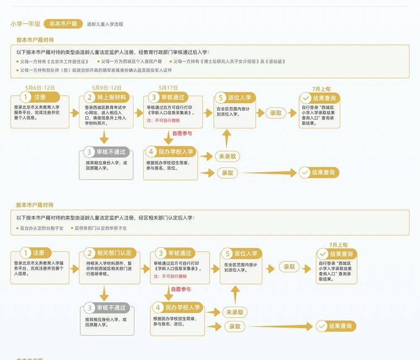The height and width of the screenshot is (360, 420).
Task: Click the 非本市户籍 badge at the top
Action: [63, 24]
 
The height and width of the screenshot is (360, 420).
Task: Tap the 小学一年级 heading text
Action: [26, 24]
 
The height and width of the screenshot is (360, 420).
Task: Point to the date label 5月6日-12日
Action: [40, 88]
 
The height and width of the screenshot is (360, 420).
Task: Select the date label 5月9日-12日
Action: [107, 88]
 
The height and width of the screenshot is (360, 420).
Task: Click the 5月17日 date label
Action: [168, 88]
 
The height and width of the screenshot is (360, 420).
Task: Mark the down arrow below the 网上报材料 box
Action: [105, 137]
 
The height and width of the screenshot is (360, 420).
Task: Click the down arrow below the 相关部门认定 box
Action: [105, 292]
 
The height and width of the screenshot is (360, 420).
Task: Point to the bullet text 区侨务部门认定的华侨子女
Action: [100, 228]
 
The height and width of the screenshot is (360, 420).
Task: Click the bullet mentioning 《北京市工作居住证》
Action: [55, 61]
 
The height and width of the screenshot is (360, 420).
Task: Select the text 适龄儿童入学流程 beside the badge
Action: [105, 24]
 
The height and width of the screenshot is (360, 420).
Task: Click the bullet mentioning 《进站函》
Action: [229, 61]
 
